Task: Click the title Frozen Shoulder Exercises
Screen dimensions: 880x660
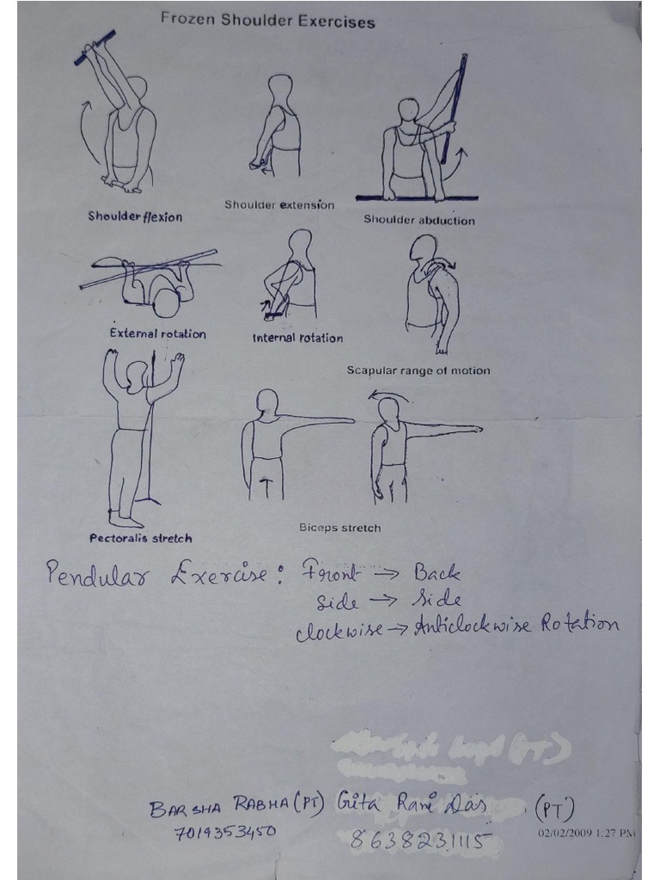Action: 267,21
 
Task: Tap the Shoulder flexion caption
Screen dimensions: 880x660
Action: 135,217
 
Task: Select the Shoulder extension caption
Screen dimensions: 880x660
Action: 279,205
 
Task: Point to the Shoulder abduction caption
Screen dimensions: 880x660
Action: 419,220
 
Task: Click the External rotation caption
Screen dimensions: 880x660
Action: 157,333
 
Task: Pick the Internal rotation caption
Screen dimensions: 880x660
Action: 297,338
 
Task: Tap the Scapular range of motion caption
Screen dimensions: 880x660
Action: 419,370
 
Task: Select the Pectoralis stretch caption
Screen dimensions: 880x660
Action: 141,539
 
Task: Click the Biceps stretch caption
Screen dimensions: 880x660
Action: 339,527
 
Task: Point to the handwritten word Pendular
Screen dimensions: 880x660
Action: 95,575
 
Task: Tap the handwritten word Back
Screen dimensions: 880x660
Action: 437,572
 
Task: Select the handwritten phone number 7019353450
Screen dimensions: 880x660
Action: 224,832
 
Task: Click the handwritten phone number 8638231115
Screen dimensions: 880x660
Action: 421,841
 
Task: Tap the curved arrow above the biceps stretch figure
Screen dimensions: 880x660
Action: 392,394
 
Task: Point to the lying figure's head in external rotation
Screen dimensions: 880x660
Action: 166,302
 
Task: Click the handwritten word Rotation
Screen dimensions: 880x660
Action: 579,624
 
